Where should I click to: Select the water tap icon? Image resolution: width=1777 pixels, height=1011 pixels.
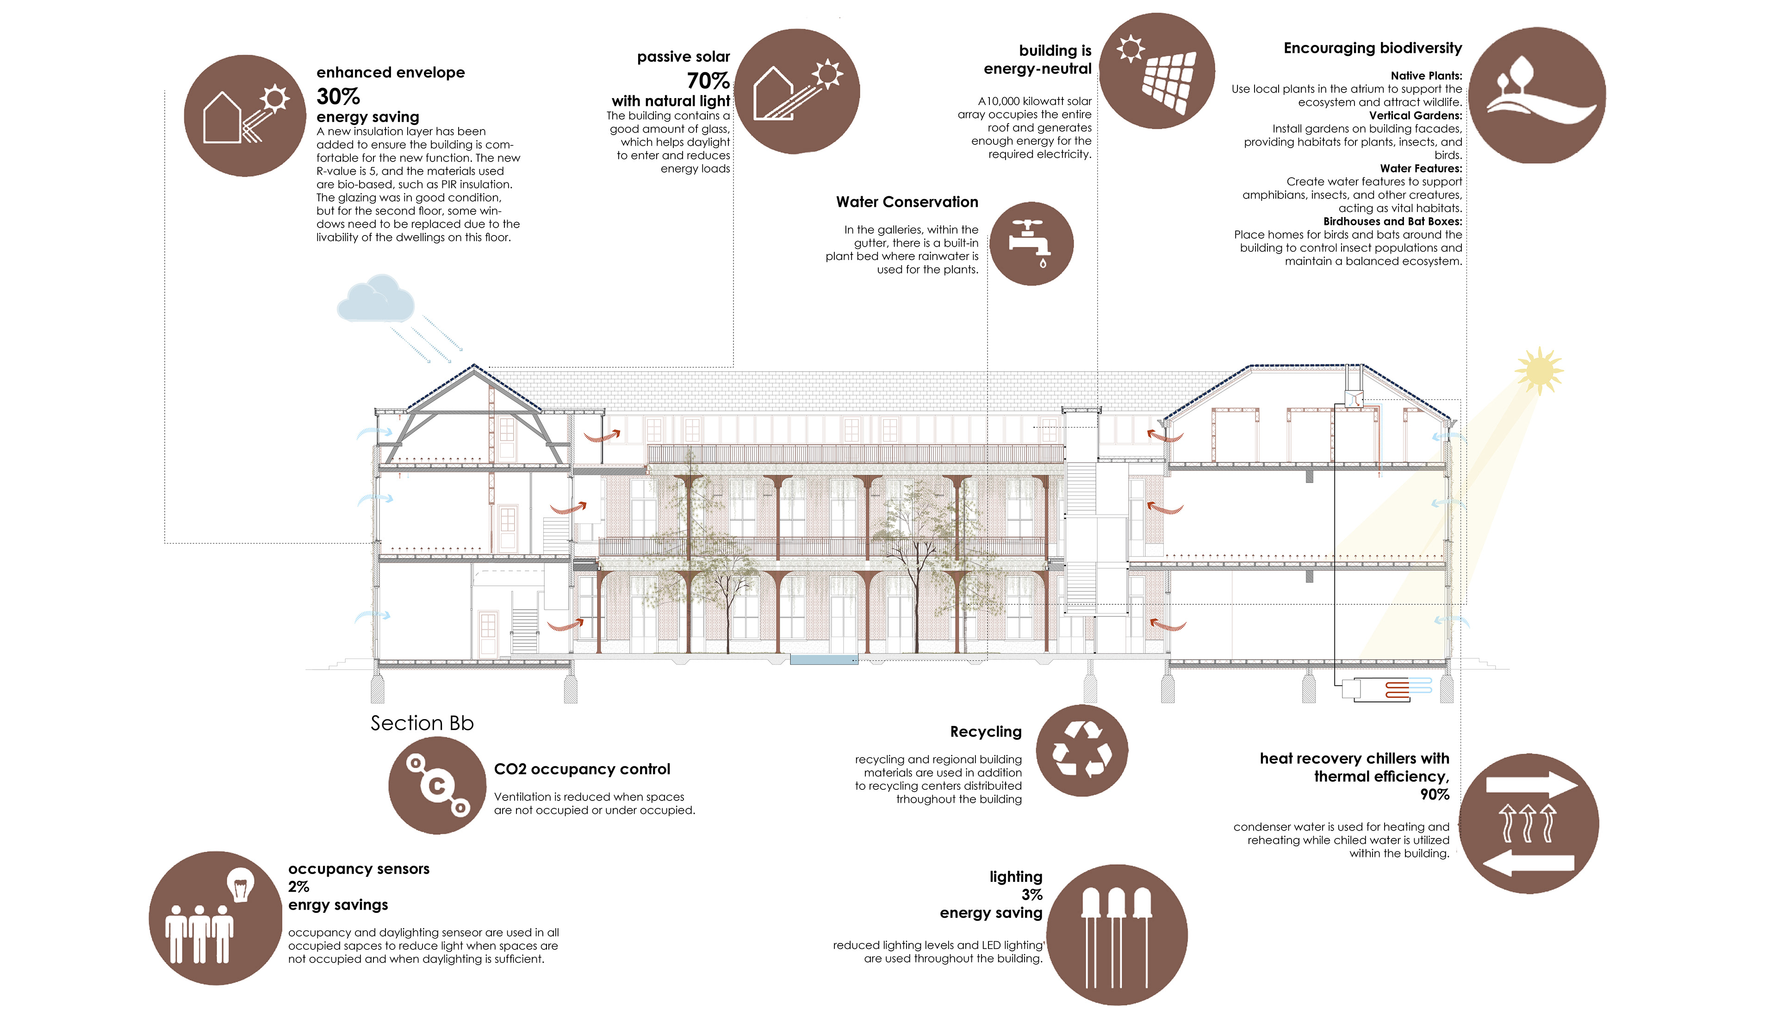1031,244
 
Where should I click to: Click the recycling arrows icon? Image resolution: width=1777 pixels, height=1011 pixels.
1081,750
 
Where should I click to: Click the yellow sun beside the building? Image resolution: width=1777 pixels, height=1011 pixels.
1539,370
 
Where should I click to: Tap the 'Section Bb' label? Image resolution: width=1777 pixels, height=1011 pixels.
422,723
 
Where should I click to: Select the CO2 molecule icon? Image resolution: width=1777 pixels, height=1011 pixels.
437,785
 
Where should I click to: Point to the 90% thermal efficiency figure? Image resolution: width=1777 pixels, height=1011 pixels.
1434,794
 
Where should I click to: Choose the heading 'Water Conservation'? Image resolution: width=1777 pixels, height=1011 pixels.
907,202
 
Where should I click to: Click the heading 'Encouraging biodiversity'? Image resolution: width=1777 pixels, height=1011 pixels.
1372,48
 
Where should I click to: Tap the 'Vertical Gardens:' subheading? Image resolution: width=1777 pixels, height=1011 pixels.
1415,115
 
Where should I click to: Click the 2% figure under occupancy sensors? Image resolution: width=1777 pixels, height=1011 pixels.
298,887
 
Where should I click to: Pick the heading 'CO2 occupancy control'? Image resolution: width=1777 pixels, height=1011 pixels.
582,769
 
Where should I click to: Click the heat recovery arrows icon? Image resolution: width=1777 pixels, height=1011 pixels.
1528,824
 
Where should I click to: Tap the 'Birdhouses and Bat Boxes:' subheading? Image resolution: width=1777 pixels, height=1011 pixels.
1392,222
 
